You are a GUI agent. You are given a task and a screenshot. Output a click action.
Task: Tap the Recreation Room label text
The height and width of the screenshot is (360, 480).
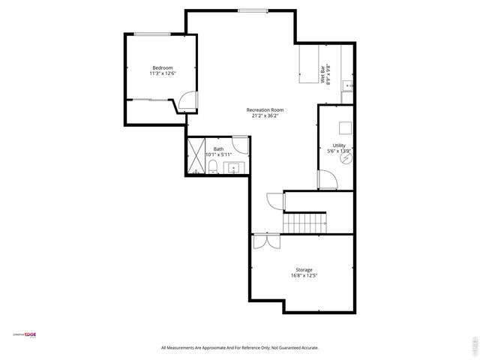coord(265,110)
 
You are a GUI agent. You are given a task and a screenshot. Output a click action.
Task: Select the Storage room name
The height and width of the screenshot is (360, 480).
coord(304,270)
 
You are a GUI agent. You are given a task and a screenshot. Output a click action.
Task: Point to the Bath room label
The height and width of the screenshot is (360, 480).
coord(218,148)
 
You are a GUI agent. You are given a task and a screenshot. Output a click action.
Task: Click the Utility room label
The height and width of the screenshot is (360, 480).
coord(340,145)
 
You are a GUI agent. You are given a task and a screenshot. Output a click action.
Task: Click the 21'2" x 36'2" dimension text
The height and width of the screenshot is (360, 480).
coord(265,116)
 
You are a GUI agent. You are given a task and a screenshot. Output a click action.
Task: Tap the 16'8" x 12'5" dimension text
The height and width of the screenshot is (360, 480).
coord(304,276)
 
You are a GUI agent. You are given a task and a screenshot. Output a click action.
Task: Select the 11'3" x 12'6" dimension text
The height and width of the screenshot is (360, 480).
coord(163,73)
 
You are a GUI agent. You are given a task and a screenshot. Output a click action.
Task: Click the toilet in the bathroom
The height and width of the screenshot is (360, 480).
coord(213,166)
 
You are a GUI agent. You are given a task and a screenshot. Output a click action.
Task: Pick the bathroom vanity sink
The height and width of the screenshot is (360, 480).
coord(234,167)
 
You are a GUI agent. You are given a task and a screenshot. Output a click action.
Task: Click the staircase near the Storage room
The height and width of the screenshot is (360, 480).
coord(304,223)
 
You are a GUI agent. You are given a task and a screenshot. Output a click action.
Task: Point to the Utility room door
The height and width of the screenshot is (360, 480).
coord(326,181)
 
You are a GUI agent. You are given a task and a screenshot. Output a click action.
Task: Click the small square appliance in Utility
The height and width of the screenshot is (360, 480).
coord(344,127)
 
